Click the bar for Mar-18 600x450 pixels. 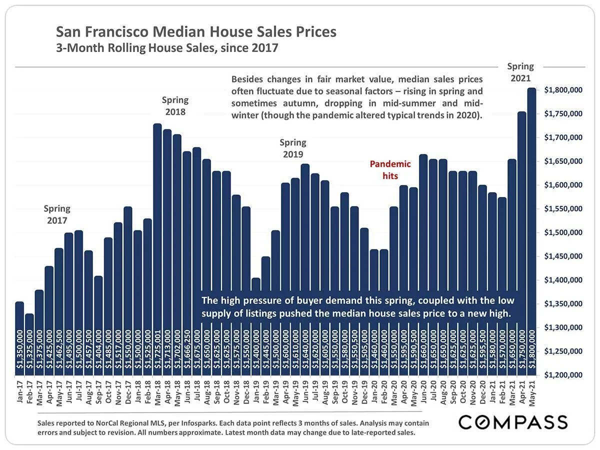point(157,250)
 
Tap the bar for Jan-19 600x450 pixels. point(255,325)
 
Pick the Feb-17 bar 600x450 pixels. point(29,345)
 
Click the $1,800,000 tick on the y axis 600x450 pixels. point(563,90)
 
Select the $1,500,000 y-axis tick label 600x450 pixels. point(563,233)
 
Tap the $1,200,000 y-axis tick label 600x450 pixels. point(563,375)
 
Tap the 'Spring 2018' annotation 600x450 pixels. point(175,106)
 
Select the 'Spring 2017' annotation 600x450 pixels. point(57,214)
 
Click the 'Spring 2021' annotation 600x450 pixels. point(520,72)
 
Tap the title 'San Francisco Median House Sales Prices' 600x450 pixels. point(196,32)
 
